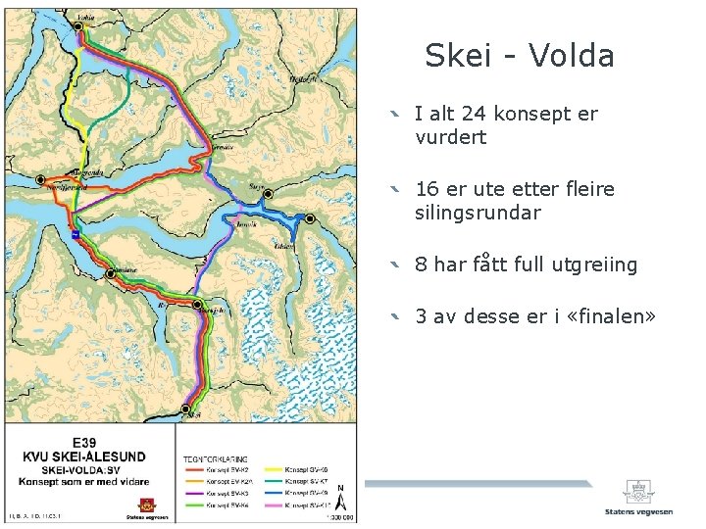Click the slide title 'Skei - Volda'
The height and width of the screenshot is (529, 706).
(x=519, y=56)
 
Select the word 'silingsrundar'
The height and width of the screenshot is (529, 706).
(x=478, y=213)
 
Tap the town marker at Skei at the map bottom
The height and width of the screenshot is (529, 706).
(x=185, y=409)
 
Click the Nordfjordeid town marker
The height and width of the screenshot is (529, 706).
(x=41, y=180)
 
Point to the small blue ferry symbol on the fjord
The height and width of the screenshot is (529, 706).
(x=76, y=234)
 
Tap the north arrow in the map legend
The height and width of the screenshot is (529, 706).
(x=339, y=495)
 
